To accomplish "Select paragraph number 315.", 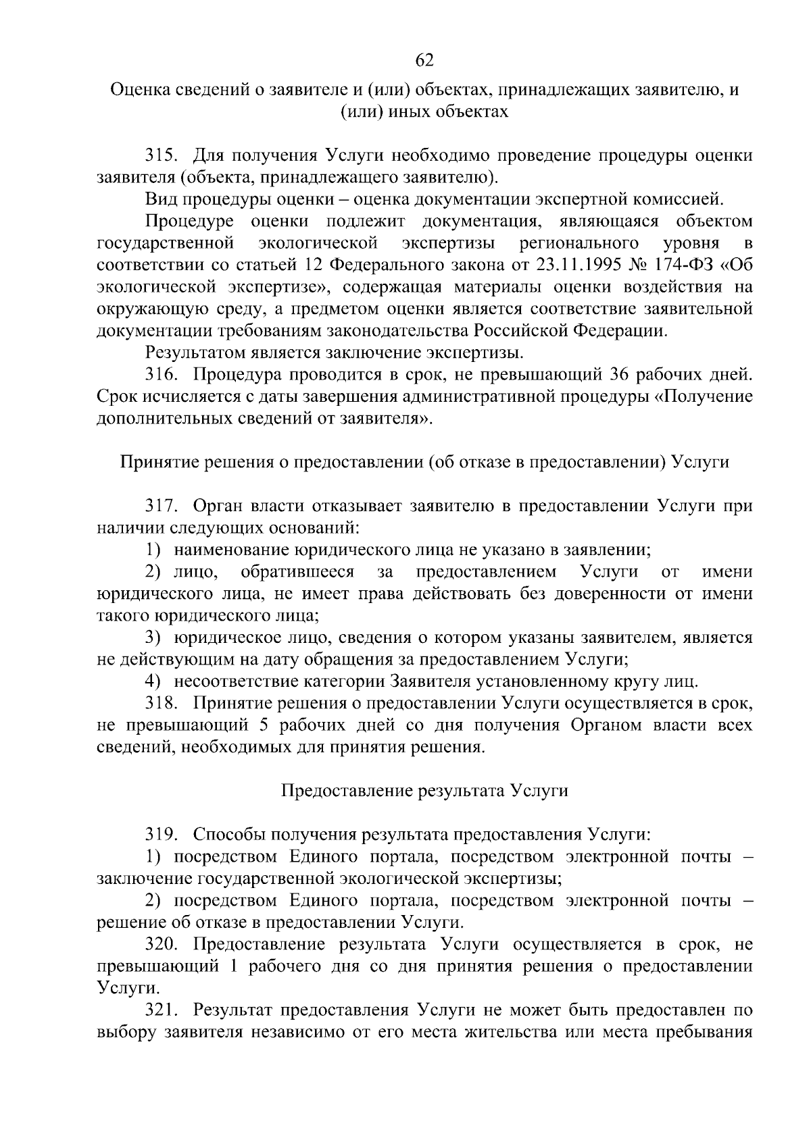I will tap(162, 156).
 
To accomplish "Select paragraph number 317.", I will tap(162, 506).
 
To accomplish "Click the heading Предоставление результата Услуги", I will tap(424, 791).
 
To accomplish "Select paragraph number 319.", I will tap(162, 835).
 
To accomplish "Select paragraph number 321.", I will tap(162, 1010).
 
